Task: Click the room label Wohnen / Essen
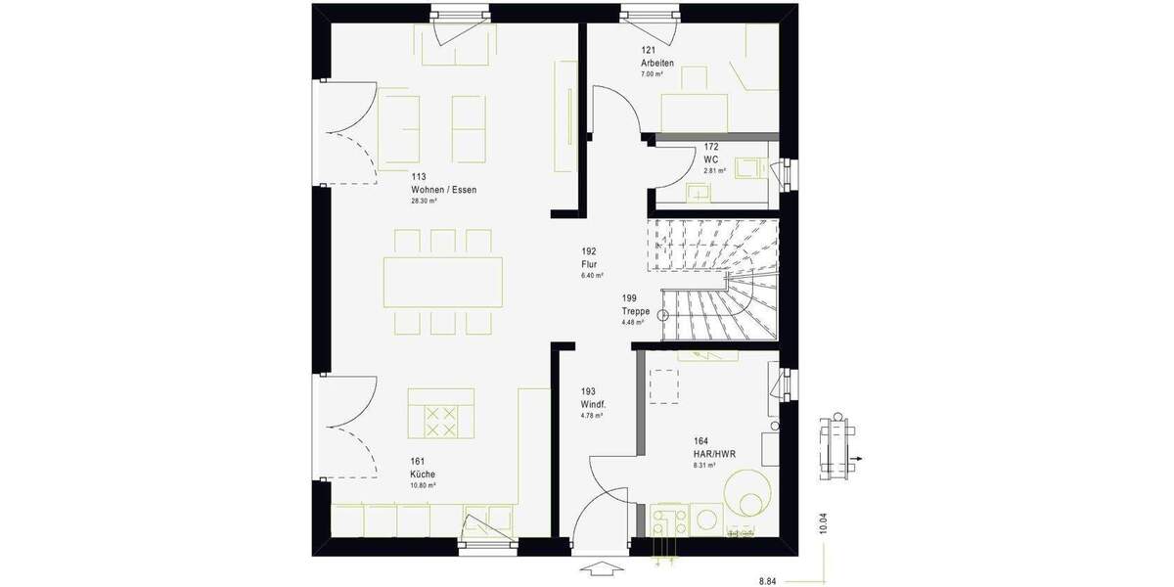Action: (444, 190)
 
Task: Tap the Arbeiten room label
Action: (657, 63)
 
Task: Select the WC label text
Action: (711, 158)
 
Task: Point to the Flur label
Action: (589, 263)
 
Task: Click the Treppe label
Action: (635, 310)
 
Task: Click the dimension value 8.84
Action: (770, 579)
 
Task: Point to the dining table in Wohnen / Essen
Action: (443, 282)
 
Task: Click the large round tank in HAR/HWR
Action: (748, 493)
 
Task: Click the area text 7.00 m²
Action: (652, 74)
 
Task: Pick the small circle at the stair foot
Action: (663, 315)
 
